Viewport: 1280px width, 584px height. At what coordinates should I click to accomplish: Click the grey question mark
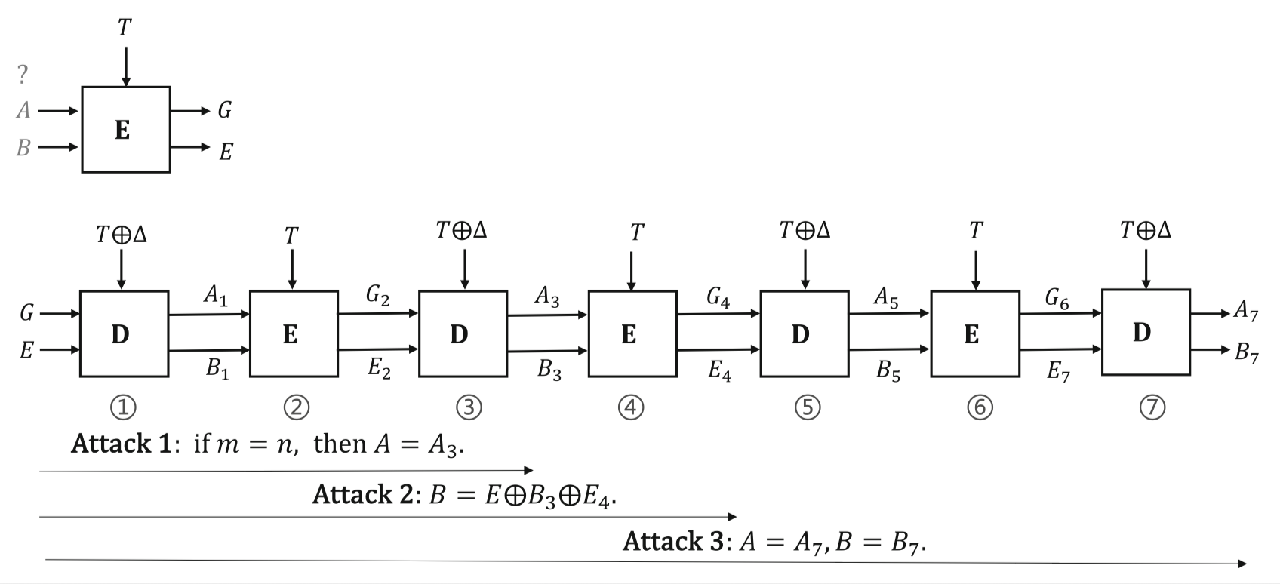(x=23, y=75)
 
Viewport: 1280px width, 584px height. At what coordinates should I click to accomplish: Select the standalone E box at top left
(x=125, y=130)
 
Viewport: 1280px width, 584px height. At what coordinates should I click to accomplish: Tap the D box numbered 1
(x=123, y=333)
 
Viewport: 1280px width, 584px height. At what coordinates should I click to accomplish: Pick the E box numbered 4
(x=632, y=333)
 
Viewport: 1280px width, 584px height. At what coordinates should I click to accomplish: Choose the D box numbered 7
(x=1145, y=332)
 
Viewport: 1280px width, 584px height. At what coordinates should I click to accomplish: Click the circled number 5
(x=807, y=407)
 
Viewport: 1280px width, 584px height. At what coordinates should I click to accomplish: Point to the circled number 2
(x=296, y=407)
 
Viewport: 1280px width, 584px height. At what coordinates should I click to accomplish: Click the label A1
(x=214, y=297)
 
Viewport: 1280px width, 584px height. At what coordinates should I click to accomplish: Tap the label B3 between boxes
(x=549, y=370)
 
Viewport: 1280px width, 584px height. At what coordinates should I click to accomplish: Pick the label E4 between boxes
(x=719, y=370)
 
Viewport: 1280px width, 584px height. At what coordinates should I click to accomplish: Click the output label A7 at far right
(x=1245, y=311)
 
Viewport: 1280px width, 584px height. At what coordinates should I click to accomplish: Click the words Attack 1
(x=121, y=444)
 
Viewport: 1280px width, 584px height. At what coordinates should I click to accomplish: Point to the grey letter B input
(x=23, y=147)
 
